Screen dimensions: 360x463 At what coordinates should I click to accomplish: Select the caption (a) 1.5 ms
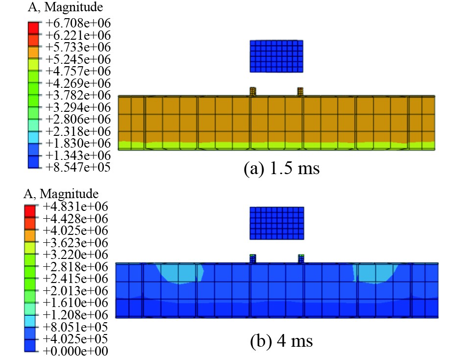coord(282,169)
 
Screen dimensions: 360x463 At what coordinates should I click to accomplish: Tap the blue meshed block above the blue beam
coord(277,223)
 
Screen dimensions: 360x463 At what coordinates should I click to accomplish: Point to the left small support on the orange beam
coord(253,92)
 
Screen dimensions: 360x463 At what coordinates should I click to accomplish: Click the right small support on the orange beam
coord(301,92)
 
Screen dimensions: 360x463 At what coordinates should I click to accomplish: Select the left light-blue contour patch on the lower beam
coord(179,273)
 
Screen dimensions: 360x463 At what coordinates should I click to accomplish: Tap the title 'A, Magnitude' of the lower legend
coord(61,193)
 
